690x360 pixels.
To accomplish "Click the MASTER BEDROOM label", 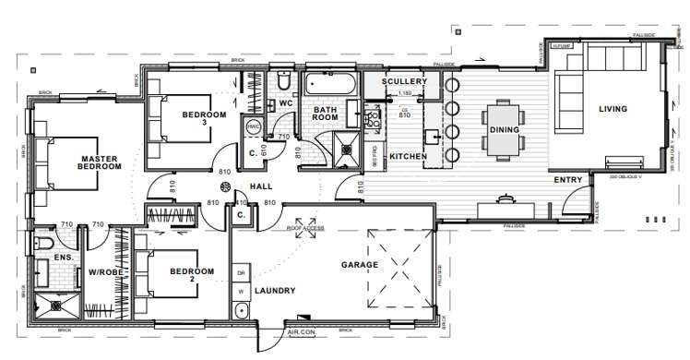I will click(100, 162).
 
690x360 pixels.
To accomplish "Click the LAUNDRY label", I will click(274, 291).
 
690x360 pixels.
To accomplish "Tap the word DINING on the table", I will click(505, 130).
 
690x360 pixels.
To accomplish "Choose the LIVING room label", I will click(613, 109).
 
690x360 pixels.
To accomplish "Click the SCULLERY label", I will click(405, 82).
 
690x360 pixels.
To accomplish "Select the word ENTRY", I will click(567, 180).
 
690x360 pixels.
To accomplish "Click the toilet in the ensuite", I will click(43, 244).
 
